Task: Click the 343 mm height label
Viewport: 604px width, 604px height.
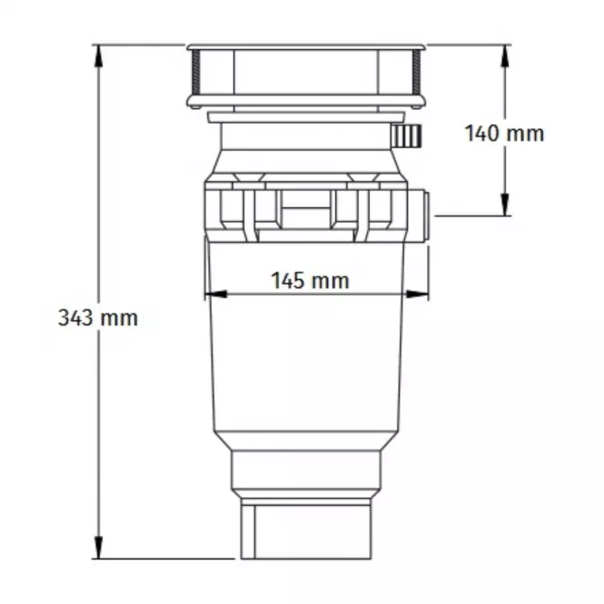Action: point(98,318)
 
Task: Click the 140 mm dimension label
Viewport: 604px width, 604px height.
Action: point(505,134)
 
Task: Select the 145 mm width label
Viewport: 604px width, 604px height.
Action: point(311,281)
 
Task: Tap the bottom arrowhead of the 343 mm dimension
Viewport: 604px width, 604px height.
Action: point(99,547)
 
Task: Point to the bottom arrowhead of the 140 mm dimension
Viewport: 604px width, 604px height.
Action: point(505,204)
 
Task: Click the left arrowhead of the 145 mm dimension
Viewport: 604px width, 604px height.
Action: point(216,294)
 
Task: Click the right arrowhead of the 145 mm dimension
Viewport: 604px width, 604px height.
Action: point(417,294)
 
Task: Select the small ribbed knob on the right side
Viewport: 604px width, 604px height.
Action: point(406,136)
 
